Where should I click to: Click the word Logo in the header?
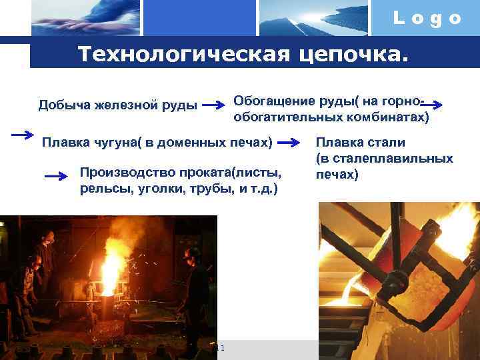(x=427, y=19)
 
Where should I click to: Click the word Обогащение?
(x=271, y=101)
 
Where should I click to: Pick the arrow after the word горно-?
(x=437, y=104)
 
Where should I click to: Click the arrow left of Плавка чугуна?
(x=23, y=134)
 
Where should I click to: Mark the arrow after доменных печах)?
(x=289, y=142)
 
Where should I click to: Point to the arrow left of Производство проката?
(x=57, y=176)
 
